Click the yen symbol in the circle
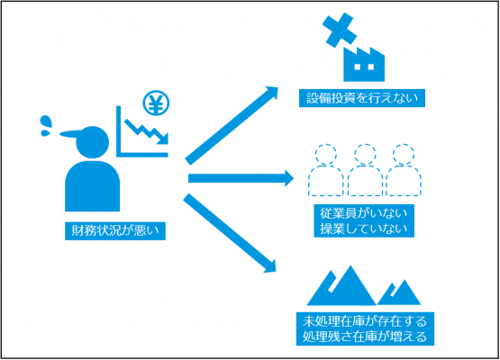pyautogui.click(x=156, y=103)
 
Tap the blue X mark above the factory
pyautogui.click(x=340, y=30)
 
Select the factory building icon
pyautogui.click(x=364, y=65)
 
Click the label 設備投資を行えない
pyautogui.click(x=362, y=98)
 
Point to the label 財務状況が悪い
pyautogui.click(x=115, y=230)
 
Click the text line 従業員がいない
pyautogui.click(x=364, y=213)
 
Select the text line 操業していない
pyautogui.click(x=364, y=229)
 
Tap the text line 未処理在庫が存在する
pyautogui.click(x=365, y=321)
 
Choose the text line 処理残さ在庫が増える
pyautogui.click(x=365, y=337)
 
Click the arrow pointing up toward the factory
pyautogui.click(x=232, y=125)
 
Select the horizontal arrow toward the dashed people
pyautogui.click(x=241, y=178)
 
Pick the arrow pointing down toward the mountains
pyautogui.click(x=230, y=233)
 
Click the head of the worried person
pyautogui.click(x=93, y=142)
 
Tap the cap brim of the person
pyautogui.click(x=71, y=134)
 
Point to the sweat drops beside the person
pyautogui.click(x=46, y=126)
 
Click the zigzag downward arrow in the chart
pyautogui.click(x=147, y=132)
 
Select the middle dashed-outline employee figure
pyautogui.click(x=365, y=170)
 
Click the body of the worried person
pyautogui.click(x=93, y=186)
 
